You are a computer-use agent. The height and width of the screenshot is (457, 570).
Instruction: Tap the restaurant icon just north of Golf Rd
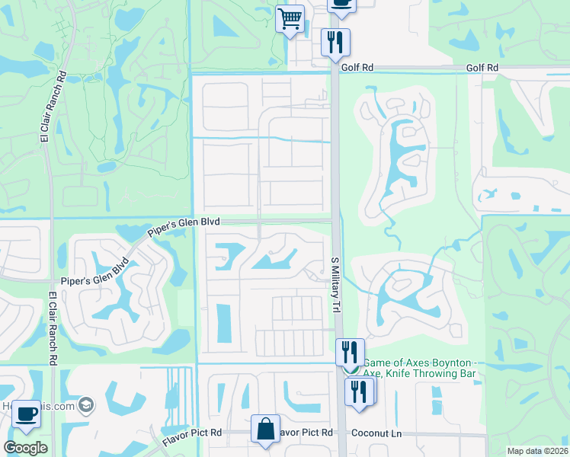click(335, 42)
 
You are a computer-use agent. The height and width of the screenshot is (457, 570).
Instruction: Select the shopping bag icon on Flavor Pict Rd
click(265, 428)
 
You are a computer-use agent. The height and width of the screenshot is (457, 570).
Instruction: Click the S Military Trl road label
click(335, 284)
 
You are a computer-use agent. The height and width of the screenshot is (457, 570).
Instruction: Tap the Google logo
click(26, 448)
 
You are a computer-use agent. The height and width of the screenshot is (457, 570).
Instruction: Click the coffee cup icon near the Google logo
click(27, 414)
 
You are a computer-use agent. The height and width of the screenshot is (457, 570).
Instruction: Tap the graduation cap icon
click(86, 405)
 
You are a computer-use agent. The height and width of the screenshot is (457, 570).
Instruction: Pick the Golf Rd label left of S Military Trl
click(357, 67)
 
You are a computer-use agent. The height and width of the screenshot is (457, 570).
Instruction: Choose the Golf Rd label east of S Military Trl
click(482, 67)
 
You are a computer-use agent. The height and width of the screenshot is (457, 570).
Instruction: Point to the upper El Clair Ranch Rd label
click(45, 107)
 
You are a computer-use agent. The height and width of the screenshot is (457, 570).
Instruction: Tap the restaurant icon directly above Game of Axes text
click(350, 353)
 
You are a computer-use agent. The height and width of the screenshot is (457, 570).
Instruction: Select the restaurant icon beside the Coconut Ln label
click(359, 391)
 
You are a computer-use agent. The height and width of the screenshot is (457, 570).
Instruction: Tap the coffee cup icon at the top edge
click(341, 4)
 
